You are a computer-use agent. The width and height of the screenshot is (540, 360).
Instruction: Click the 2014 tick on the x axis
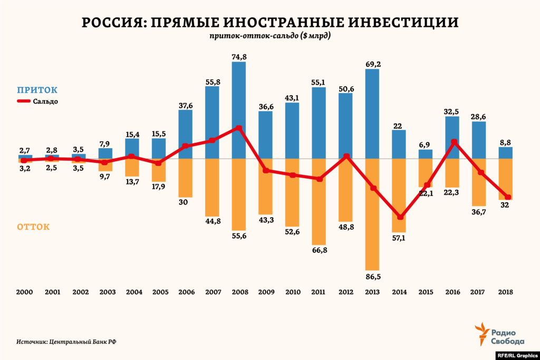pyautogui.click(x=399, y=291)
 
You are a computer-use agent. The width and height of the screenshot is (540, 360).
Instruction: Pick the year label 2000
pyautogui.click(x=25, y=291)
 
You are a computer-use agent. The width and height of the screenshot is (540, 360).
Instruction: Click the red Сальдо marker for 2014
pyautogui.click(x=400, y=217)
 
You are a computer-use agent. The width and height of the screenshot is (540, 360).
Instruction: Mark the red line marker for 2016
pyautogui.click(x=454, y=142)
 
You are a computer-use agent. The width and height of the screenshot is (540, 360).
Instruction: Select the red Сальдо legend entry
pyautogui.click(x=37, y=101)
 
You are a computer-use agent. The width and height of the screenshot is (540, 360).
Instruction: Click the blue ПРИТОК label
pyautogui.click(x=37, y=90)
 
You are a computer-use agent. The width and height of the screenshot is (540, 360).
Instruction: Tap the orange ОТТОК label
pyautogui.click(x=33, y=227)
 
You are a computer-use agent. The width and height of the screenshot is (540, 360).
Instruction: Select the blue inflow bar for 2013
pyautogui.click(x=372, y=114)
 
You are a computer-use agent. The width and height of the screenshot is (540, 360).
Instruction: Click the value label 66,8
pyautogui.click(x=319, y=249)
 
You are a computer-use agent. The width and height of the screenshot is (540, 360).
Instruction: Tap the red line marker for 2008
pyautogui.click(x=239, y=128)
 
